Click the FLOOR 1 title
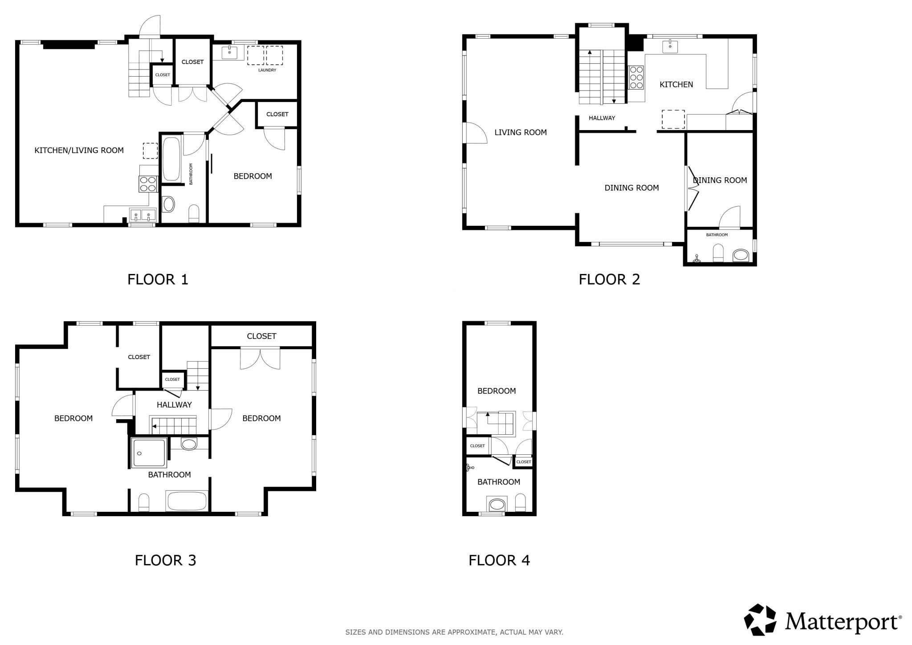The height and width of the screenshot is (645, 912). click(x=158, y=279)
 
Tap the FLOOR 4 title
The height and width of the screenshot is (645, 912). click(x=499, y=560)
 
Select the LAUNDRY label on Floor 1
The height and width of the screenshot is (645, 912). click(x=267, y=70)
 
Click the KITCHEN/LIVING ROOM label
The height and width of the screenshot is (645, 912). click(x=79, y=150)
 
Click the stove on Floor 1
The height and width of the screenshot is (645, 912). click(x=148, y=184)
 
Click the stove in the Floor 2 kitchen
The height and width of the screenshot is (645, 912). click(x=636, y=78)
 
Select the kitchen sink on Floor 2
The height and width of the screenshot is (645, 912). click(x=670, y=46)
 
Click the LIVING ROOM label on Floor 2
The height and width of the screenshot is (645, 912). click(x=521, y=132)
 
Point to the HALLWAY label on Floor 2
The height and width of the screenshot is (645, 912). click(x=602, y=118)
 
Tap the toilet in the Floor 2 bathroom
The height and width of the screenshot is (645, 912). click(x=718, y=253)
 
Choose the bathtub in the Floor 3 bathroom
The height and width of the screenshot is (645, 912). click(x=187, y=501)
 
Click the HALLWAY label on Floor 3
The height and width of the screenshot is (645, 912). click(x=174, y=405)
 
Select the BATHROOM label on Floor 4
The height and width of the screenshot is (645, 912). click(x=499, y=482)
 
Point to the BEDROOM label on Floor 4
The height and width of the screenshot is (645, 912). click(x=497, y=391)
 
